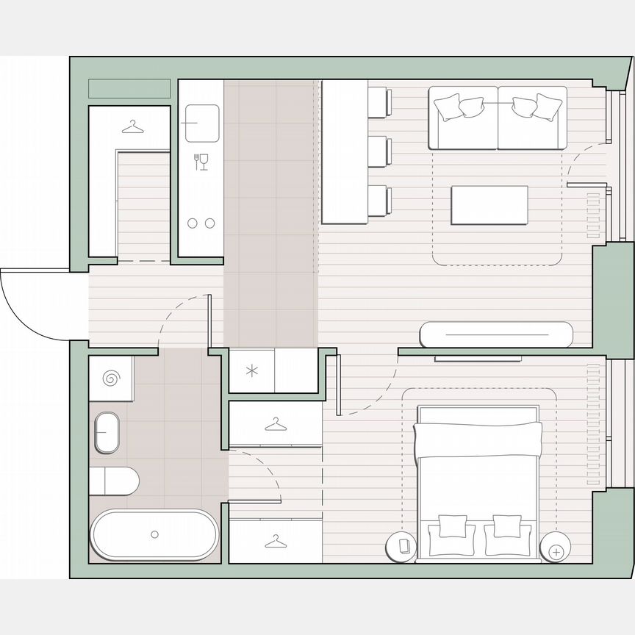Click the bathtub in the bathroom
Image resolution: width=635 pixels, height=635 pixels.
[154, 535]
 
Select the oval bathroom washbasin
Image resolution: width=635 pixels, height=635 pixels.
[107, 433]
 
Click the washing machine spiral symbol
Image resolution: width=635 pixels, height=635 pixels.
[111, 379]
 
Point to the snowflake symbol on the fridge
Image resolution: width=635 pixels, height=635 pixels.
[251, 370]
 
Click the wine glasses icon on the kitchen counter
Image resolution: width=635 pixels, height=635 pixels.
[201, 161]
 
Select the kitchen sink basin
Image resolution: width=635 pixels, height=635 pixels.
[202, 123]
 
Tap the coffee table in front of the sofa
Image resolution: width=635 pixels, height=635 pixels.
[489, 206]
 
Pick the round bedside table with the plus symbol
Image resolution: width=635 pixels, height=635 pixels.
[556, 550]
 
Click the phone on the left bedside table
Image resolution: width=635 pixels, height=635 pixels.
[403, 545]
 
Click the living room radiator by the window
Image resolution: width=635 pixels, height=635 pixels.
[592, 213]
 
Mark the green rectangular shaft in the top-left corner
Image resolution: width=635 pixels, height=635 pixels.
[129, 88]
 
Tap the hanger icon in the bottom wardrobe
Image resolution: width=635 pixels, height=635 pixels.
[276, 542]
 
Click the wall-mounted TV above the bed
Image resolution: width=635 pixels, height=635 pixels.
[478, 359]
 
